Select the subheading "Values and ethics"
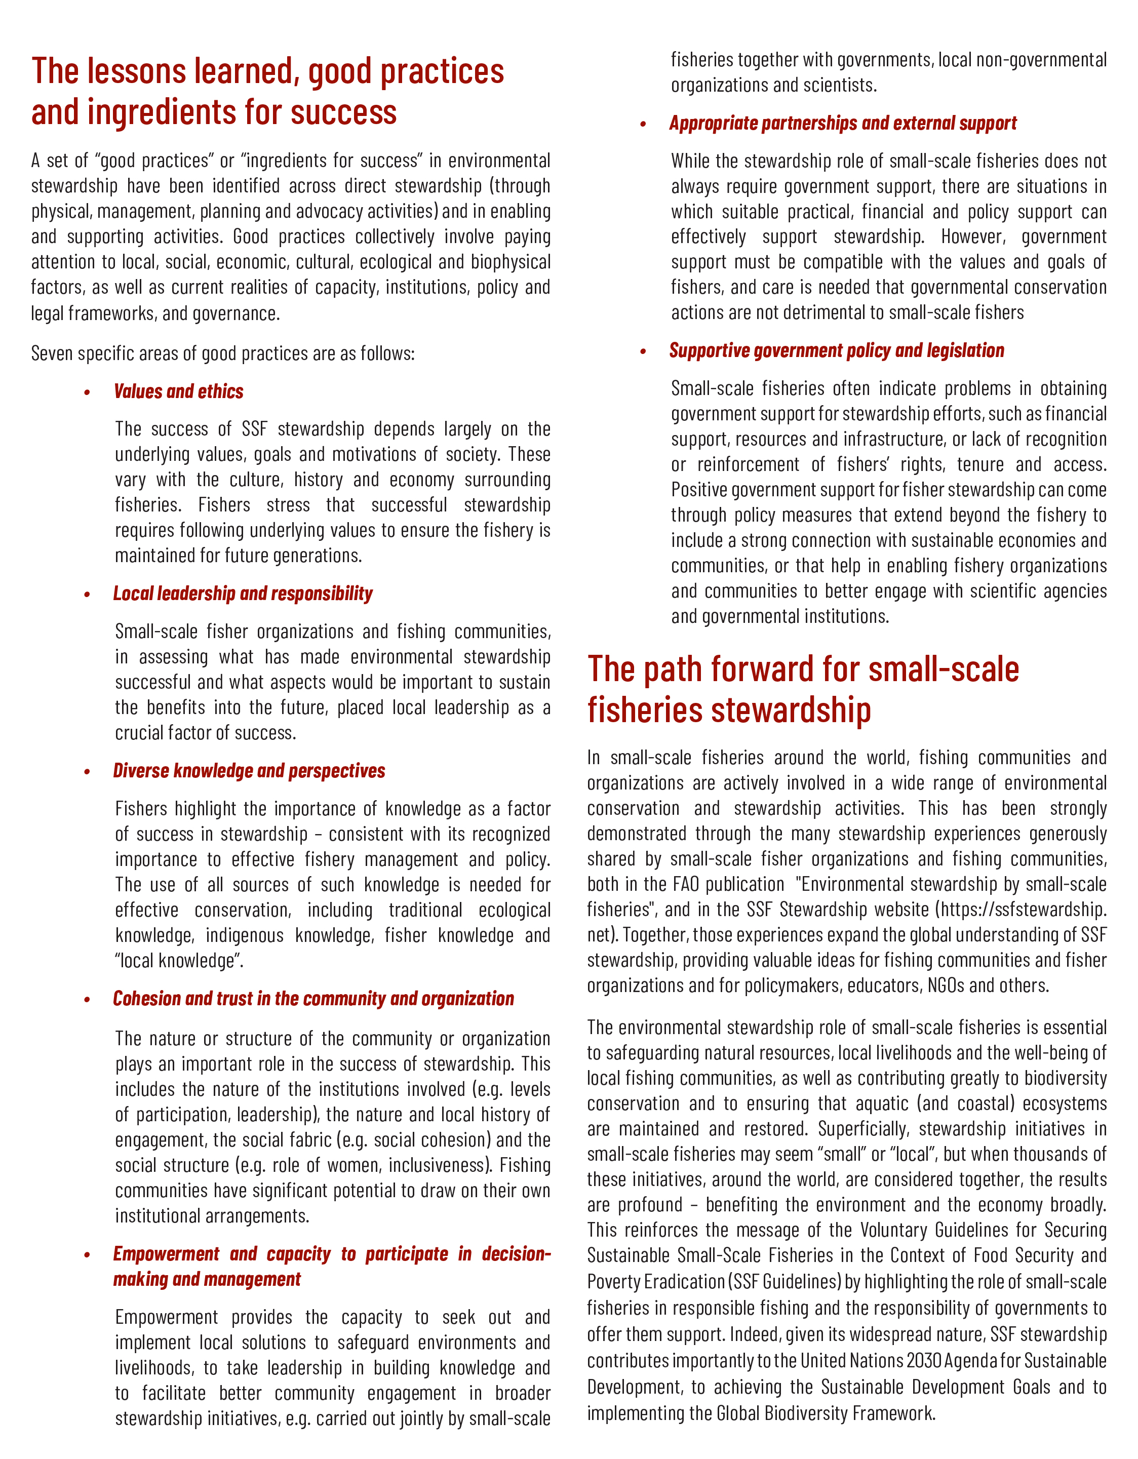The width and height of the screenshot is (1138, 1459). click(x=178, y=391)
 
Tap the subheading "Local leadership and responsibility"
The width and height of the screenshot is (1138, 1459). click(x=243, y=594)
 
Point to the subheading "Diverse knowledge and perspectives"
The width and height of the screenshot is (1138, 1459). click(x=249, y=771)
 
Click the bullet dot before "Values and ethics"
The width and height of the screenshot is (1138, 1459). click(x=87, y=393)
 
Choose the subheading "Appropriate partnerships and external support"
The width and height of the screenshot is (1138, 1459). click(x=843, y=124)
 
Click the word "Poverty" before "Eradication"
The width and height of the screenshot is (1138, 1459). click(x=611, y=1282)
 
